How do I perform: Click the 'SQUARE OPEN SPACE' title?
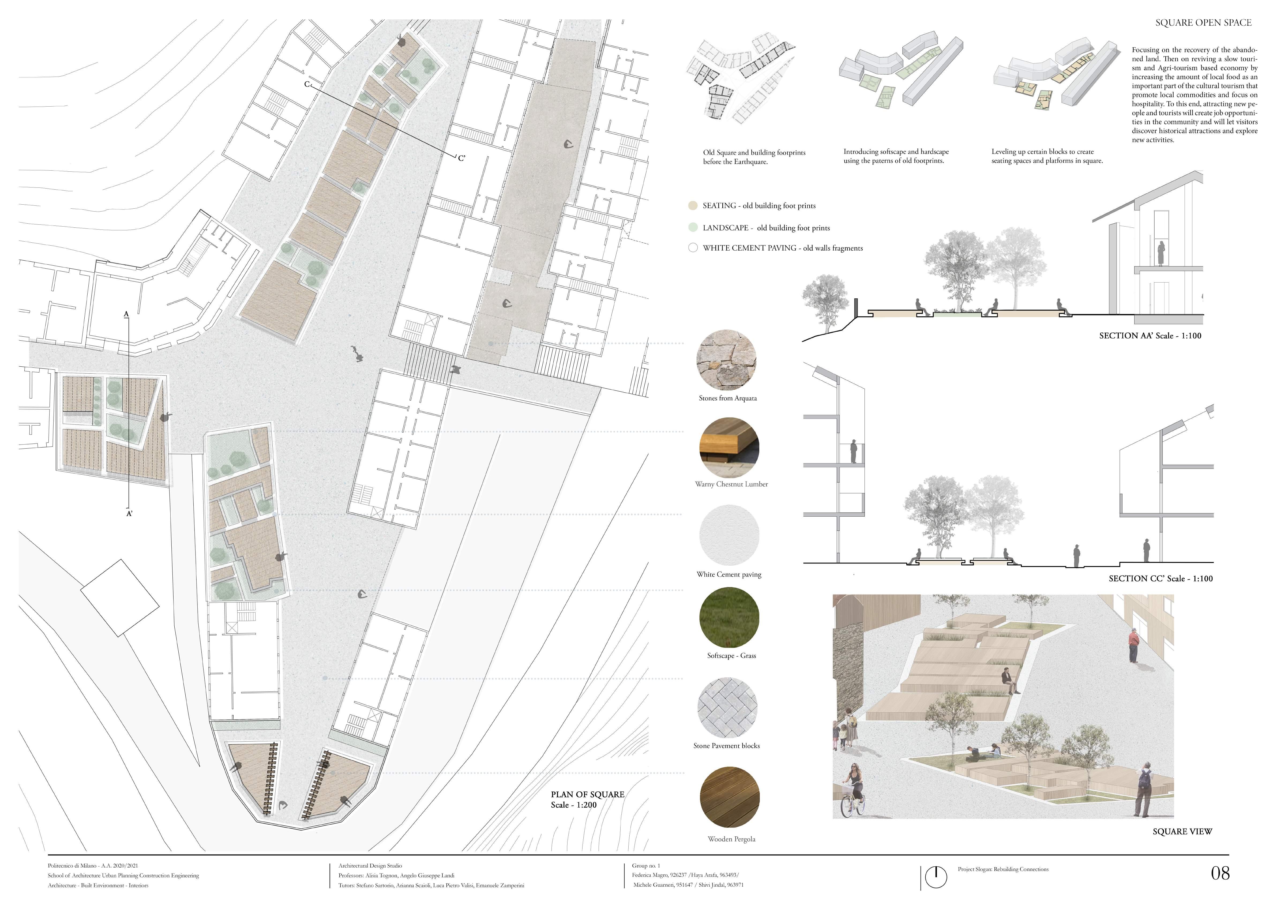click(1203, 23)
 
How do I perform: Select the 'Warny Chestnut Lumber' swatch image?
click(729, 448)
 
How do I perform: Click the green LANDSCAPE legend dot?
click(693, 227)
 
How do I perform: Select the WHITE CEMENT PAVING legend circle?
click(693, 248)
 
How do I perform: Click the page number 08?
click(1220, 874)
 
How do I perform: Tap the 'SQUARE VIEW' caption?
click(1182, 832)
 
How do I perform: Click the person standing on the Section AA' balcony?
click(1161, 254)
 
